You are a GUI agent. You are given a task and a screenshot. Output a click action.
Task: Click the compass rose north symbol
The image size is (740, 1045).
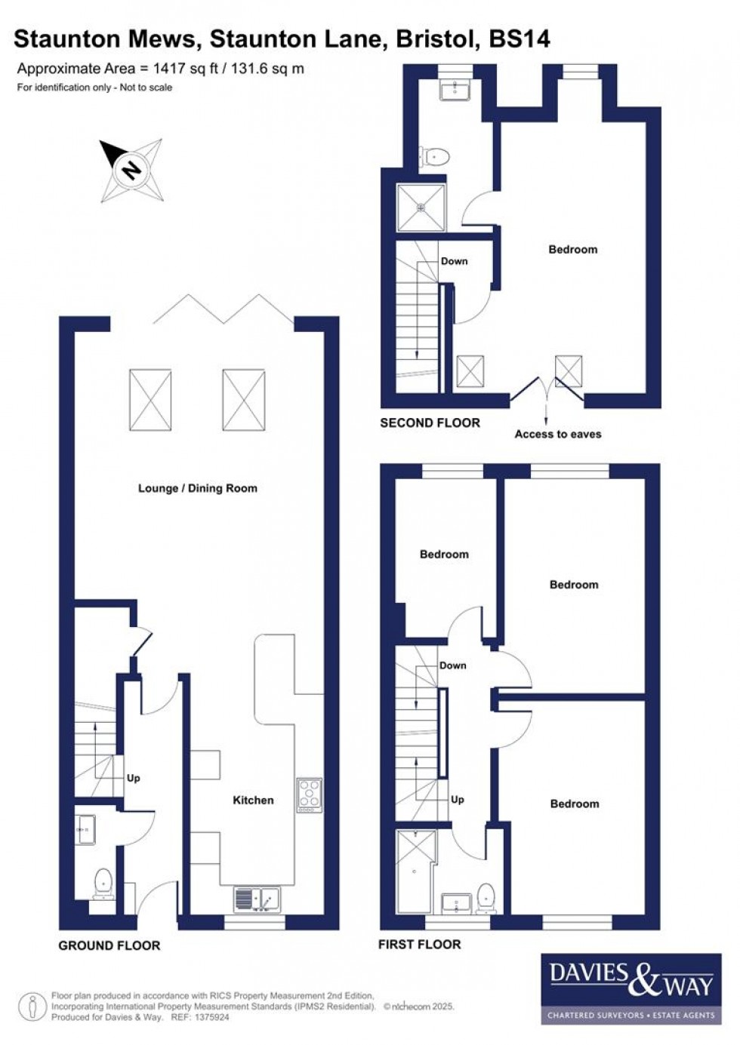131,170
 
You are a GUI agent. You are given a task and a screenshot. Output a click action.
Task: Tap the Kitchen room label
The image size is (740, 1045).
253,800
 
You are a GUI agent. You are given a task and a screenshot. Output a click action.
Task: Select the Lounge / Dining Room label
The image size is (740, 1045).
198,488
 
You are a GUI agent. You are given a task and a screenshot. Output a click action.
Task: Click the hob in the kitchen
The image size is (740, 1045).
310,795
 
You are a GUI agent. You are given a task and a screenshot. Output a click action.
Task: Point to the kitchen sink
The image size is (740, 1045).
257,898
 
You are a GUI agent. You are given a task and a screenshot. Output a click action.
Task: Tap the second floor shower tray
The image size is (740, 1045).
422,207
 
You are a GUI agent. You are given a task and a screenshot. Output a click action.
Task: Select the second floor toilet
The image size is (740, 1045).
436,157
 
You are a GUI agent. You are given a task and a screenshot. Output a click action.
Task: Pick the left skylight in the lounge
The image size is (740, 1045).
150,400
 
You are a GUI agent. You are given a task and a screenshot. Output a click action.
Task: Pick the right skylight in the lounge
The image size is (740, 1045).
243,400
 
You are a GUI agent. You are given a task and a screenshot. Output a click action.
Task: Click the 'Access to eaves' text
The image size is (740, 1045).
558,434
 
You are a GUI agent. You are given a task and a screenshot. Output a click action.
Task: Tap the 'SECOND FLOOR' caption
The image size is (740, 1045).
430,423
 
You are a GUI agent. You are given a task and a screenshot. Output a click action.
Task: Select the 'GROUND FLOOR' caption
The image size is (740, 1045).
109,945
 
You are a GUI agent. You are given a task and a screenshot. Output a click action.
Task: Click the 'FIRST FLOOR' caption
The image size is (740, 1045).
419,944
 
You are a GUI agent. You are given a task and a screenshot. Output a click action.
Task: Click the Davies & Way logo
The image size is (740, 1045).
631,988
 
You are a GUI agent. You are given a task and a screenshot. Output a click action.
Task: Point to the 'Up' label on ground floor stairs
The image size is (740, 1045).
134,778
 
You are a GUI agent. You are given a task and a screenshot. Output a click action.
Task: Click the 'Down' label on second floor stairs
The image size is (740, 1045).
454,261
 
